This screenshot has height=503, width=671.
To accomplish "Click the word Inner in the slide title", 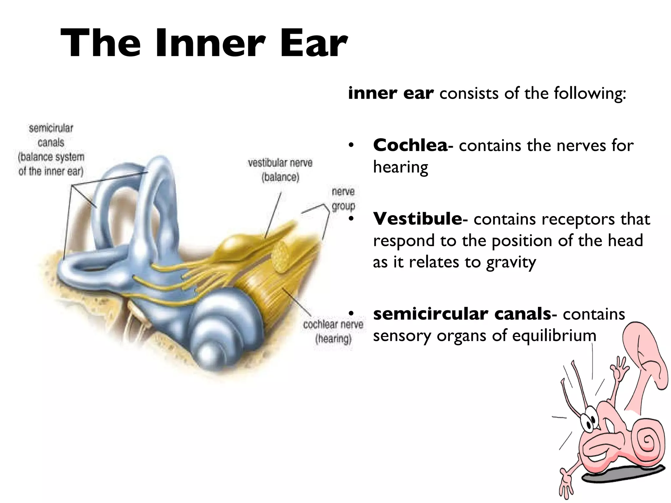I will point(210,44).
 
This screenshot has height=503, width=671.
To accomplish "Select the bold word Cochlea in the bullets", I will point(410,145).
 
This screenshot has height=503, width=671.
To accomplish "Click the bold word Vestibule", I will point(417,219).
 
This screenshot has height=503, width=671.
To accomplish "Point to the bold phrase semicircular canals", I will point(462,314).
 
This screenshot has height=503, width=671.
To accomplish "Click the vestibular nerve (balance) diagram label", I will point(280,170).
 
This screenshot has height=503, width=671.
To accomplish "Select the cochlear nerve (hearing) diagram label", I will point(333,331).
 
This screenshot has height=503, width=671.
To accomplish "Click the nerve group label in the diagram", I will point(343,199).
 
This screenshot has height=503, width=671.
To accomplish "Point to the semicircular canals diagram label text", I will point(51,149).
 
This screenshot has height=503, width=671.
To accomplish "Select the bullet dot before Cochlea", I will point(351,145).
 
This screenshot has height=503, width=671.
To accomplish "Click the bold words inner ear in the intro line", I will point(391,93).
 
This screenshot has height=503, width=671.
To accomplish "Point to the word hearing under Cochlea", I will point(400,167).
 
